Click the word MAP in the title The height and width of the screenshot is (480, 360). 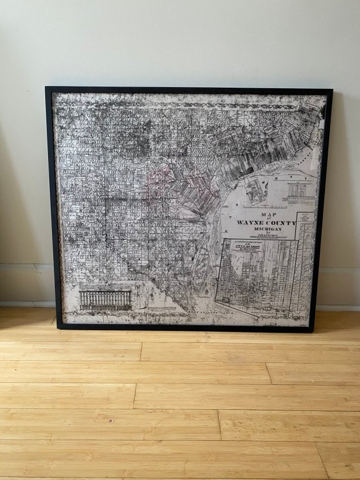click(x=266, y=215)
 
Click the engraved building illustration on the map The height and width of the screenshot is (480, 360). click(x=105, y=299)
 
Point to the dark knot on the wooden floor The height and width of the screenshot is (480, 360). click(x=111, y=420)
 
